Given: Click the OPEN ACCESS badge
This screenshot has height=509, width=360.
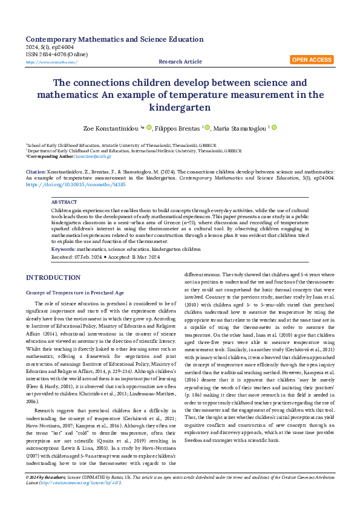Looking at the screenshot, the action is [x=312, y=60].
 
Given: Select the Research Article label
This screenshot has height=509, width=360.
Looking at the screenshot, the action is [x=180, y=62].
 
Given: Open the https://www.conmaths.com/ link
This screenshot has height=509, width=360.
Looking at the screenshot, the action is [x=51, y=62].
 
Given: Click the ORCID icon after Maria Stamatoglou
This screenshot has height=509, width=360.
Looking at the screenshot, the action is [x=273, y=128].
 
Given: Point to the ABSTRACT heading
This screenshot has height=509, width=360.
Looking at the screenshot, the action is [x=64, y=201].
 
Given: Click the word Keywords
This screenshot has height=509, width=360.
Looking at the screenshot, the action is [x=63, y=250].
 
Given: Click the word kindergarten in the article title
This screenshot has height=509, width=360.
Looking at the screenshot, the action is [x=180, y=108].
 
